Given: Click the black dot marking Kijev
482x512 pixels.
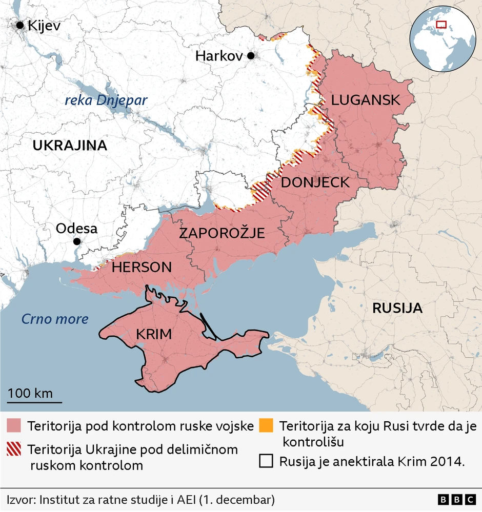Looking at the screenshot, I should [x=21, y=25].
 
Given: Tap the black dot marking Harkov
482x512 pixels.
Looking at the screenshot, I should [x=251, y=56].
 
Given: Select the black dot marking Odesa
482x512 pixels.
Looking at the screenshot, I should [x=77, y=241].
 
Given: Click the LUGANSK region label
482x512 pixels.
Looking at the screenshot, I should [x=365, y=100].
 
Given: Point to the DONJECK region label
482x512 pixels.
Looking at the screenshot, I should [x=315, y=182].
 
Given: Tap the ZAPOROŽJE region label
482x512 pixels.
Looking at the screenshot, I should [x=222, y=234].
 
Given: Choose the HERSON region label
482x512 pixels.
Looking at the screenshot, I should [x=142, y=267].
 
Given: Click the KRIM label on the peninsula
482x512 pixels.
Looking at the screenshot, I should [x=153, y=335].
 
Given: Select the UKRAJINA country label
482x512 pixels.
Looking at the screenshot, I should [x=70, y=146].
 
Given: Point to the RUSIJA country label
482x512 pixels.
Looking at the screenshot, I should [x=397, y=308].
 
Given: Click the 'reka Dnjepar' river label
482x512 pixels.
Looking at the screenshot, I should [x=106, y=100].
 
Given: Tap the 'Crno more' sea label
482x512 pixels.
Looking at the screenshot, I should [x=54, y=319].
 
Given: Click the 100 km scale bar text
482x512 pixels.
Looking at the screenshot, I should [x=30, y=394].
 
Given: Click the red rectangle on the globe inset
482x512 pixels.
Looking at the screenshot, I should [x=441, y=24].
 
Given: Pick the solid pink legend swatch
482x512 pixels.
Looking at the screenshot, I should [x=14, y=426].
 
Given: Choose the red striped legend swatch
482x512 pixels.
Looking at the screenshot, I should [x=14, y=449].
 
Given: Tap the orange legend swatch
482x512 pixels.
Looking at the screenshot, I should [x=266, y=425].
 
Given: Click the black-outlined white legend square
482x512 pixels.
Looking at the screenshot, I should [x=266, y=461].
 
